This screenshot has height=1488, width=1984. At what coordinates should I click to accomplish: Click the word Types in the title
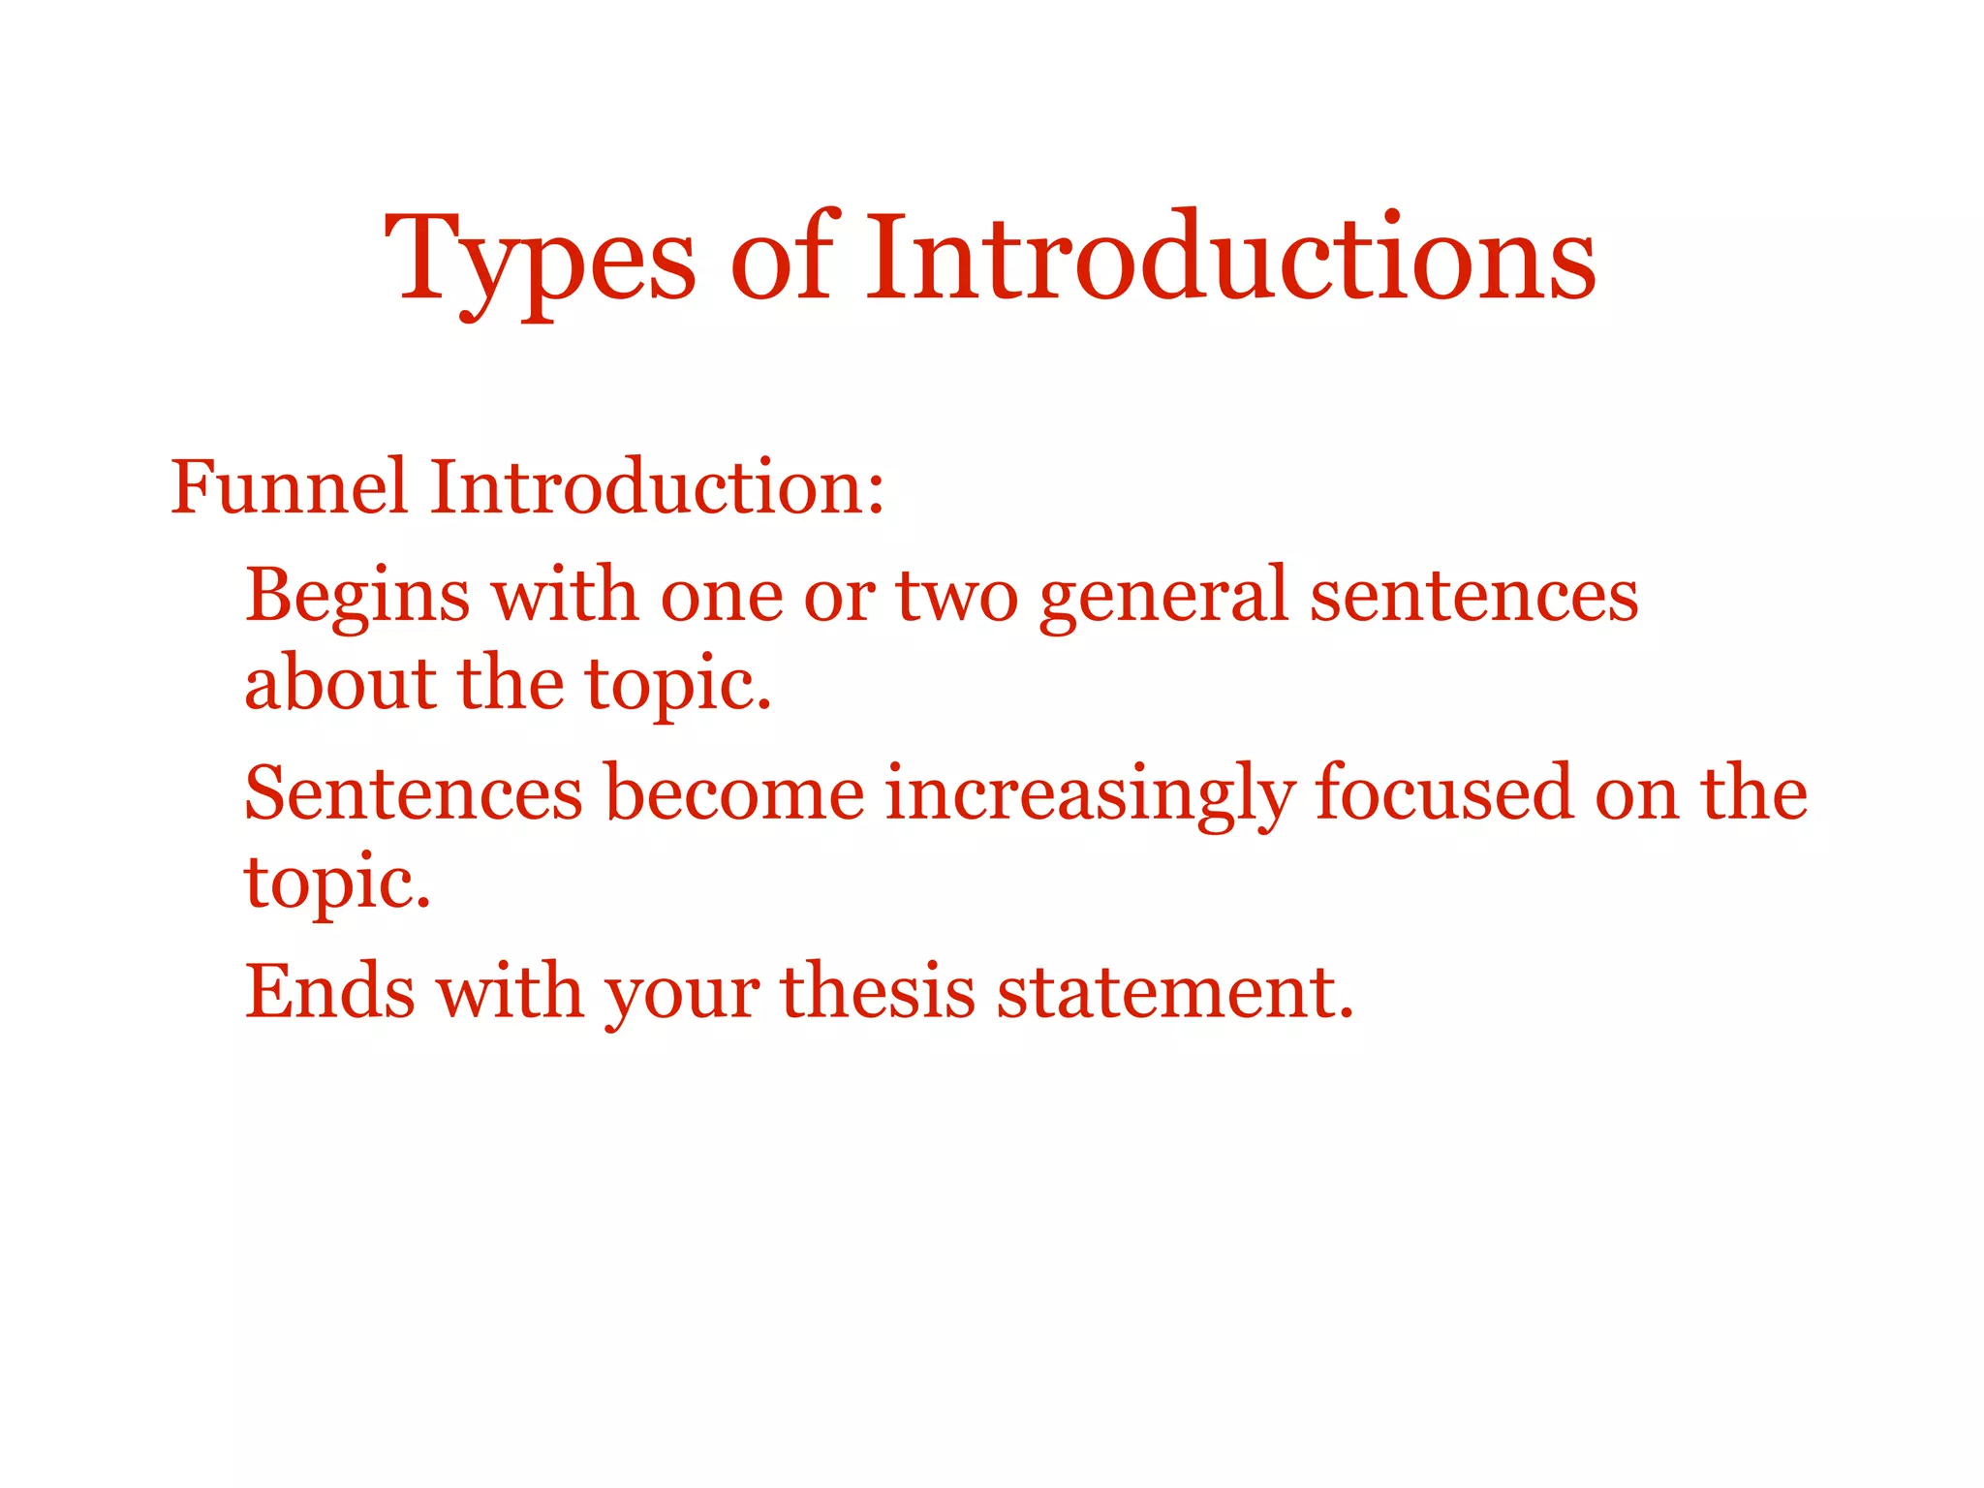[539, 258]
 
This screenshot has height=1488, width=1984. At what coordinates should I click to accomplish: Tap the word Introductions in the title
[1230, 258]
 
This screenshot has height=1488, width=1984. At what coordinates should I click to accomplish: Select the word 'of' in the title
[783, 258]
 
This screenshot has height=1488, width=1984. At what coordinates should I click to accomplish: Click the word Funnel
[289, 486]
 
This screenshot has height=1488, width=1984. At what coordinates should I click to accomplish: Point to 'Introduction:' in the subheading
[657, 486]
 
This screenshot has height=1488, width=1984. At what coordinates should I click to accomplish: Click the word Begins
[357, 595]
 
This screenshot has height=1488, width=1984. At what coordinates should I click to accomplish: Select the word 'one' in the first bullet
[722, 595]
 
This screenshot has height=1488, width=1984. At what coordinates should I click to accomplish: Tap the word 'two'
[956, 595]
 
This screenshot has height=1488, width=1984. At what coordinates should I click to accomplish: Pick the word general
[1162, 595]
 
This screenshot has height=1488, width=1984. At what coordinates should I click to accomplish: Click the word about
[340, 684]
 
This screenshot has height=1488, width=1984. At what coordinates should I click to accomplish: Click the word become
[734, 792]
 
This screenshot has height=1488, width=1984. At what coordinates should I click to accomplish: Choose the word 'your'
[682, 993]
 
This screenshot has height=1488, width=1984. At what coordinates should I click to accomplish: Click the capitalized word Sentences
[414, 792]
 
